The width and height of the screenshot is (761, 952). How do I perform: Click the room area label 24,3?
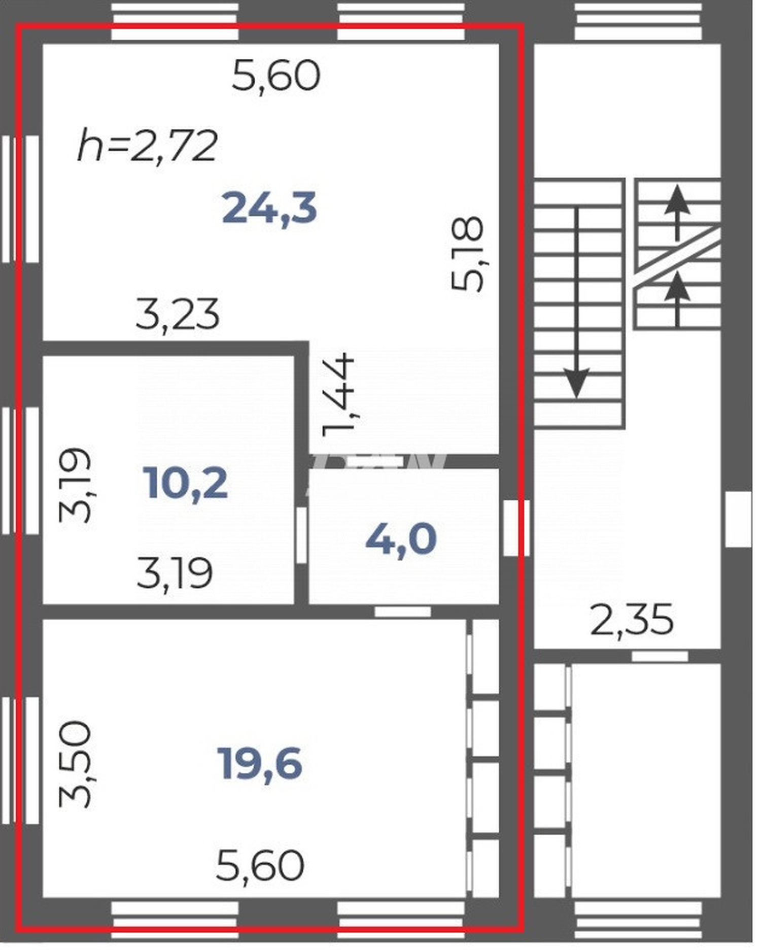(269, 208)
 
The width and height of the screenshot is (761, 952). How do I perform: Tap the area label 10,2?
(185, 483)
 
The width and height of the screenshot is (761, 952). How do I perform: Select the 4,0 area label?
(401, 539)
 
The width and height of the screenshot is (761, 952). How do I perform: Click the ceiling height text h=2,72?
(148, 146)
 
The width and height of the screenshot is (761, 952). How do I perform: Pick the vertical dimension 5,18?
(467, 254)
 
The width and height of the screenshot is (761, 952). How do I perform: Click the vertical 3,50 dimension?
(75, 764)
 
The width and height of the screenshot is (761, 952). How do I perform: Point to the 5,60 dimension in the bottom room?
(260, 866)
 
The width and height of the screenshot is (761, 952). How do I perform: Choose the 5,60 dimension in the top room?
(276, 76)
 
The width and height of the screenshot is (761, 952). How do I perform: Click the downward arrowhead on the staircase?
(577, 383)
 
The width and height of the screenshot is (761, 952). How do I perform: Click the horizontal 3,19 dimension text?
(175, 573)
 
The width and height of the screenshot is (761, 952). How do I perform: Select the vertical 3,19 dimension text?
(75, 485)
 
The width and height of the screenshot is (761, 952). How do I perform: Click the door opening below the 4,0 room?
(402, 612)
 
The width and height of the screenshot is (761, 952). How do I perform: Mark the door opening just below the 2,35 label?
(660, 656)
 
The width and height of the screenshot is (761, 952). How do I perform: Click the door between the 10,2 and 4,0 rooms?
(301, 535)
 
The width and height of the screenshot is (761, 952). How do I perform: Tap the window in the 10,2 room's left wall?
(20, 470)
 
